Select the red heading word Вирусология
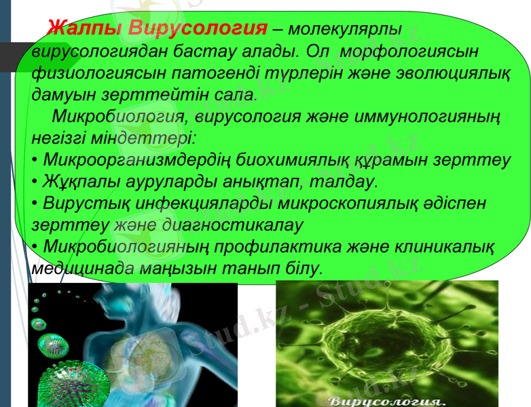coord(198,30)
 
